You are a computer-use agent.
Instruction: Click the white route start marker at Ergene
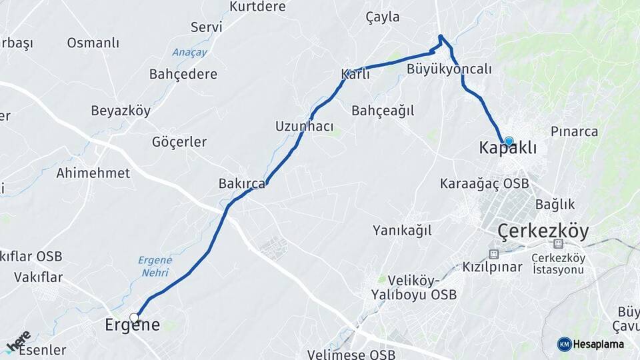point(134,317)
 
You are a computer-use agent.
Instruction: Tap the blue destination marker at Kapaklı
point(509,141)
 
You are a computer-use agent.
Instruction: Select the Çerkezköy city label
point(543,231)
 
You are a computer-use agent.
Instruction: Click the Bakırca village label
point(241,183)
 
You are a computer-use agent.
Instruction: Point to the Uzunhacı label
point(304,126)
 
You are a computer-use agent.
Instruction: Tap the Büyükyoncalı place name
point(449,69)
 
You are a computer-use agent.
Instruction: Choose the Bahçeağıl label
point(383,111)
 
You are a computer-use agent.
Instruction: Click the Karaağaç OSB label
point(484,183)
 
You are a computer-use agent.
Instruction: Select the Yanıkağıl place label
point(402,230)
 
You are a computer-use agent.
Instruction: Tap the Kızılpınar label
point(493,267)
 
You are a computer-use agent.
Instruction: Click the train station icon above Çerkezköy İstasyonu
point(557,244)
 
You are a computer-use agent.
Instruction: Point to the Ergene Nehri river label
point(155,266)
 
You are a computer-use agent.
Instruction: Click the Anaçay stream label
point(189,52)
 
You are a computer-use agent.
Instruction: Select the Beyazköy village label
point(121,111)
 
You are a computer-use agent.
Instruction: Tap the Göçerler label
point(179,142)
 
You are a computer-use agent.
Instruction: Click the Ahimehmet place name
point(93,173)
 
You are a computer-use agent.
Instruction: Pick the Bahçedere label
point(183,74)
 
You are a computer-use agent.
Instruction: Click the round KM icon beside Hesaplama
point(564,344)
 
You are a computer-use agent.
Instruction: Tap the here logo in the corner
point(17,341)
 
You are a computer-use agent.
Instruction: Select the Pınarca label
point(574,131)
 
